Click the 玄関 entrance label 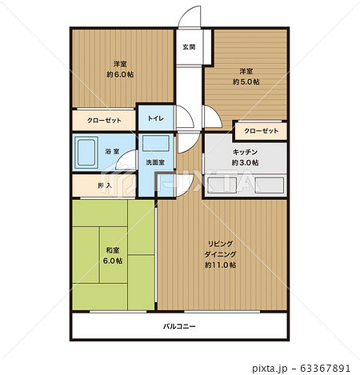point(189,47)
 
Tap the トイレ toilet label point(156,118)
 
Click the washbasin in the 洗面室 point(156,143)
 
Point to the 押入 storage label point(105,186)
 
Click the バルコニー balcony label point(179,326)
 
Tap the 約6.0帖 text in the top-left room point(120,74)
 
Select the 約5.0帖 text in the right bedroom point(246,82)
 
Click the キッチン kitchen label point(245,152)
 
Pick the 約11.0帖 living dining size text point(220,265)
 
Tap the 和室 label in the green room point(113,250)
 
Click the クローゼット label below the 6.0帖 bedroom point(104,121)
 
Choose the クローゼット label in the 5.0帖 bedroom point(262,131)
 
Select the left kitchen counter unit point(222,185)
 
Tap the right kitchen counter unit point(269,185)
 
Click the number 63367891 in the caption point(325,369)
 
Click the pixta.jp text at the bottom point(270,369)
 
